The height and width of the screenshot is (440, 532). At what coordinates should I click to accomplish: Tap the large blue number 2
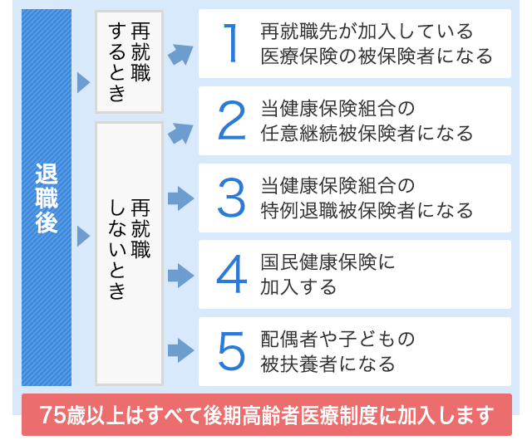[x=231, y=120]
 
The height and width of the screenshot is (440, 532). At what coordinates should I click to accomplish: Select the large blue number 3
[x=231, y=198]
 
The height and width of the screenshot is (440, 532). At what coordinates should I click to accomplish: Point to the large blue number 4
[x=232, y=274]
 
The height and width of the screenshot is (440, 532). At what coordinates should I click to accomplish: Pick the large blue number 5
[x=232, y=351]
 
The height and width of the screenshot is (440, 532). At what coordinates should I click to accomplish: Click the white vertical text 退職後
[x=47, y=198]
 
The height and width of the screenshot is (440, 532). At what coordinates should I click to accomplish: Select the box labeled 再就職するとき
[x=130, y=61]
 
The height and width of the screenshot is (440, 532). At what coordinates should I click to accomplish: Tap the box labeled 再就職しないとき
[x=130, y=253]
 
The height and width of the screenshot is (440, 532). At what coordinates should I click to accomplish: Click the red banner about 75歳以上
[x=267, y=414]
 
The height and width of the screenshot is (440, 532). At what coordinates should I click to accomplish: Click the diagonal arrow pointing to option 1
[x=180, y=54]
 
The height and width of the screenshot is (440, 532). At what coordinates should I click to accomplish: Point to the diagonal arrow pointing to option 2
[x=180, y=133]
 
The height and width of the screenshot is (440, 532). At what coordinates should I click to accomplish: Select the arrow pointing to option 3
[x=181, y=198]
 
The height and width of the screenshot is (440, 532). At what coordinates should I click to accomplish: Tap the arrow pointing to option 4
[x=181, y=276]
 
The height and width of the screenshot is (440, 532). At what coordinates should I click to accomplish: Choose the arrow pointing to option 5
[x=181, y=350]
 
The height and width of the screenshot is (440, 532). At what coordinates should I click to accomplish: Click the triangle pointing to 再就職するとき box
[x=83, y=82]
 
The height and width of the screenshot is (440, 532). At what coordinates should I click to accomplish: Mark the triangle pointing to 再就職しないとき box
[x=83, y=236]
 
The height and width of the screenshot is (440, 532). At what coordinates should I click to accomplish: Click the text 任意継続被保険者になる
[x=367, y=133]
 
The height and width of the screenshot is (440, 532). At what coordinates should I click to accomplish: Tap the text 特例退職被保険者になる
[x=367, y=211]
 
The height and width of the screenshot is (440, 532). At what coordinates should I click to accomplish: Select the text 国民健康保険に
[x=328, y=262]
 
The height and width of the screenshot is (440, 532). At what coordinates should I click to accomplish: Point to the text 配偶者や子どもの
[x=337, y=339]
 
